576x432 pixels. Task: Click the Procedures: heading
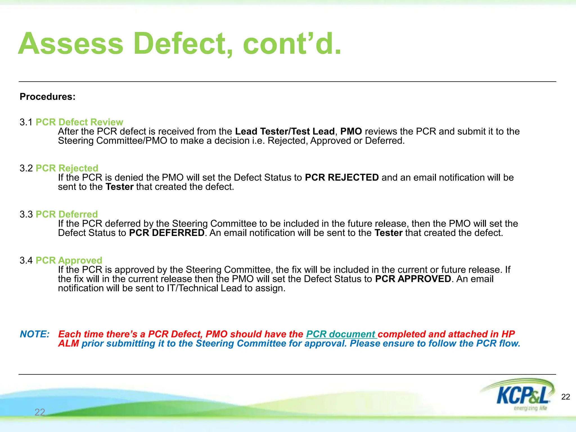coord(48,97)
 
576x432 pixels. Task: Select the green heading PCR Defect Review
coord(79,122)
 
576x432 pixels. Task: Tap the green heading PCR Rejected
coord(67,168)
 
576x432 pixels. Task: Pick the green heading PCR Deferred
coord(67,214)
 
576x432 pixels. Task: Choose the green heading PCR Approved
coord(69,260)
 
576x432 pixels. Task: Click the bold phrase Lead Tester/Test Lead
coord(285,131)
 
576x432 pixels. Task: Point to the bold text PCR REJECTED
coord(342,177)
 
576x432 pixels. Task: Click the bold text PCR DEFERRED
coord(166,233)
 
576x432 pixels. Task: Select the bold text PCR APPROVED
coord(413,279)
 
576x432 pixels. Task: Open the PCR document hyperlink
coord(341,334)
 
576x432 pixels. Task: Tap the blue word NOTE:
coord(35,334)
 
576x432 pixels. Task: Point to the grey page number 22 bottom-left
coord(40,412)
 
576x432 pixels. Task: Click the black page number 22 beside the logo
coord(566,397)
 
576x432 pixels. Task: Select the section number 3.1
coord(26,122)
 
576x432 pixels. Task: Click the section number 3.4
coord(26,260)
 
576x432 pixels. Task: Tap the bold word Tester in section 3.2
coord(120,187)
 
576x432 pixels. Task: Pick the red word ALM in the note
coord(68,343)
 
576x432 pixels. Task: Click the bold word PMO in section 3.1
coord(351,131)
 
